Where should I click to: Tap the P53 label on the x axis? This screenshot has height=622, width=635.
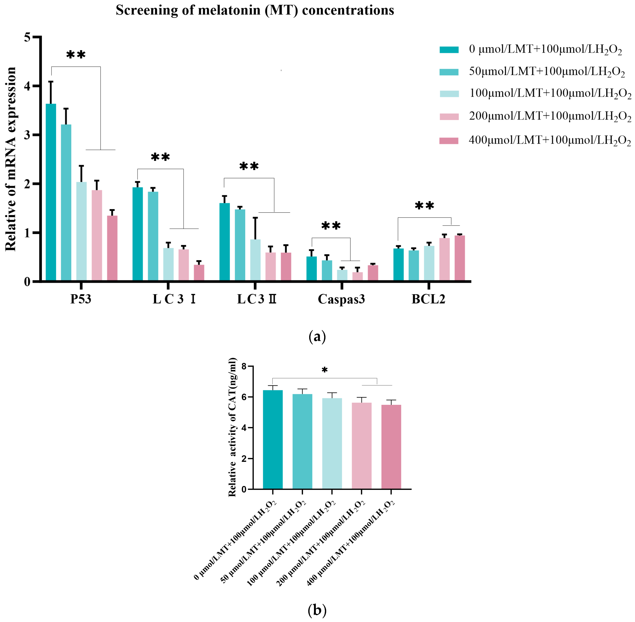point(81,299)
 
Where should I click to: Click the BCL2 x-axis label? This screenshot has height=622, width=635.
point(428,299)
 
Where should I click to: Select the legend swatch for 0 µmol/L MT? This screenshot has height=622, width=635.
point(449,50)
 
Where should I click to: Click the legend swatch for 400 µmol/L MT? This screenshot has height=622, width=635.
point(449,141)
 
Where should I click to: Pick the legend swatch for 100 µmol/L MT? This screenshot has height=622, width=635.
point(449,94)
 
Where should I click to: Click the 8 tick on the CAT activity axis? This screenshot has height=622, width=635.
point(244,367)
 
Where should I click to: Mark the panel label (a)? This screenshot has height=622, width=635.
point(317,337)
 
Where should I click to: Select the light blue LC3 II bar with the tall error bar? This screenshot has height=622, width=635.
point(255,260)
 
